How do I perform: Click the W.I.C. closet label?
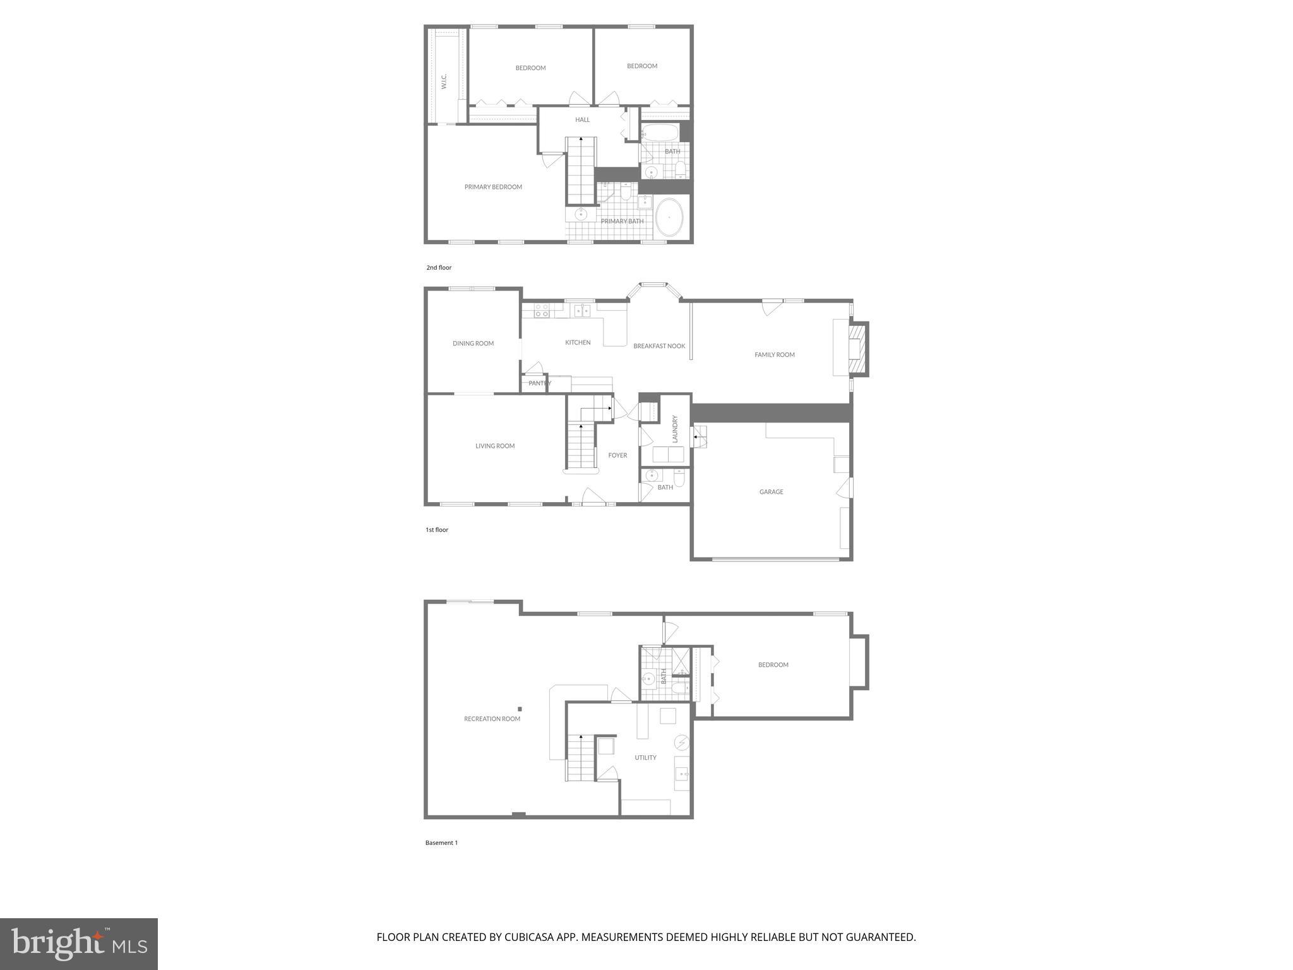[444, 81]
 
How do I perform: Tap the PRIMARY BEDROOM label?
[493, 187]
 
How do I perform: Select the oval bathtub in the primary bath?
[669, 218]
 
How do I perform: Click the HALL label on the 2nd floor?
[582, 120]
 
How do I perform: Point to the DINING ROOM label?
[473, 344]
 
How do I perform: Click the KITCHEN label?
[578, 342]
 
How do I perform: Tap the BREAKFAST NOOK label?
[659, 346]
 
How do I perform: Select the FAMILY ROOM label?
[775, 355]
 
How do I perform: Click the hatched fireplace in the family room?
[857, 349]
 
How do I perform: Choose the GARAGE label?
[771, 492]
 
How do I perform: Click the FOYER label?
[617, 455]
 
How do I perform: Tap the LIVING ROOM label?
[495, 446]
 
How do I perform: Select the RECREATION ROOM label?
[492, 719]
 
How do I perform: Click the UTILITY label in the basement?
[645, 758]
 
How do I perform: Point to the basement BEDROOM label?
[773, 665]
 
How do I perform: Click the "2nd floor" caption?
[439, 268]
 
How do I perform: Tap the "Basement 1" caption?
[441, 843]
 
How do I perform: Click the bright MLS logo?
[79, 943]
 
